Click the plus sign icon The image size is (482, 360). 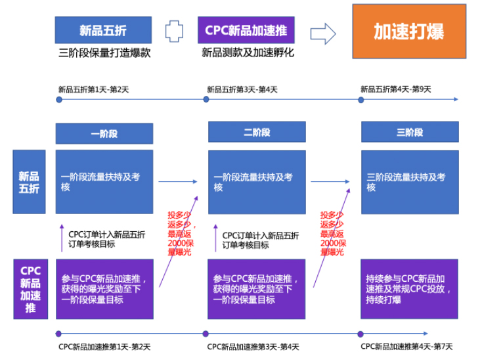coord(174,31)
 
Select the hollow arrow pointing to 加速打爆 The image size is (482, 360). coord(323,32)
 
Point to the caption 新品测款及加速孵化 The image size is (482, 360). coord(247,53)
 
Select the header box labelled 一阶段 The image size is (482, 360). coord(104,133)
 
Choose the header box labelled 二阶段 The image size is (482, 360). coord(257,132)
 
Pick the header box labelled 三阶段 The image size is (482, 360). coord(410,132)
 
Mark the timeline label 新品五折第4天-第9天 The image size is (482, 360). coord(395,90)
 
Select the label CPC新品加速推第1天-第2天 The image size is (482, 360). coord(104,347)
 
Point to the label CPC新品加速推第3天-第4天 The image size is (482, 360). coord(253,347)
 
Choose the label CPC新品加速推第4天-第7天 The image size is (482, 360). coord(406,347)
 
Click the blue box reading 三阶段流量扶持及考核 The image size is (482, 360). coord(410,182)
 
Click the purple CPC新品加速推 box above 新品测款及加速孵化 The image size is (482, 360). coord(246,30)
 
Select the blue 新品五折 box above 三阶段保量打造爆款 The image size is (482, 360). coord(104,30)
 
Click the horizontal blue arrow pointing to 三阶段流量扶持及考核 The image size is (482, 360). coord(334,182)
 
